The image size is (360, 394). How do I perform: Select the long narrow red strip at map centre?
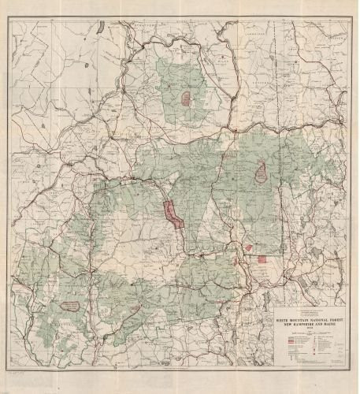[x=173, y=214]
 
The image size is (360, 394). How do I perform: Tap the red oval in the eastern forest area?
[x=260, y=169]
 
